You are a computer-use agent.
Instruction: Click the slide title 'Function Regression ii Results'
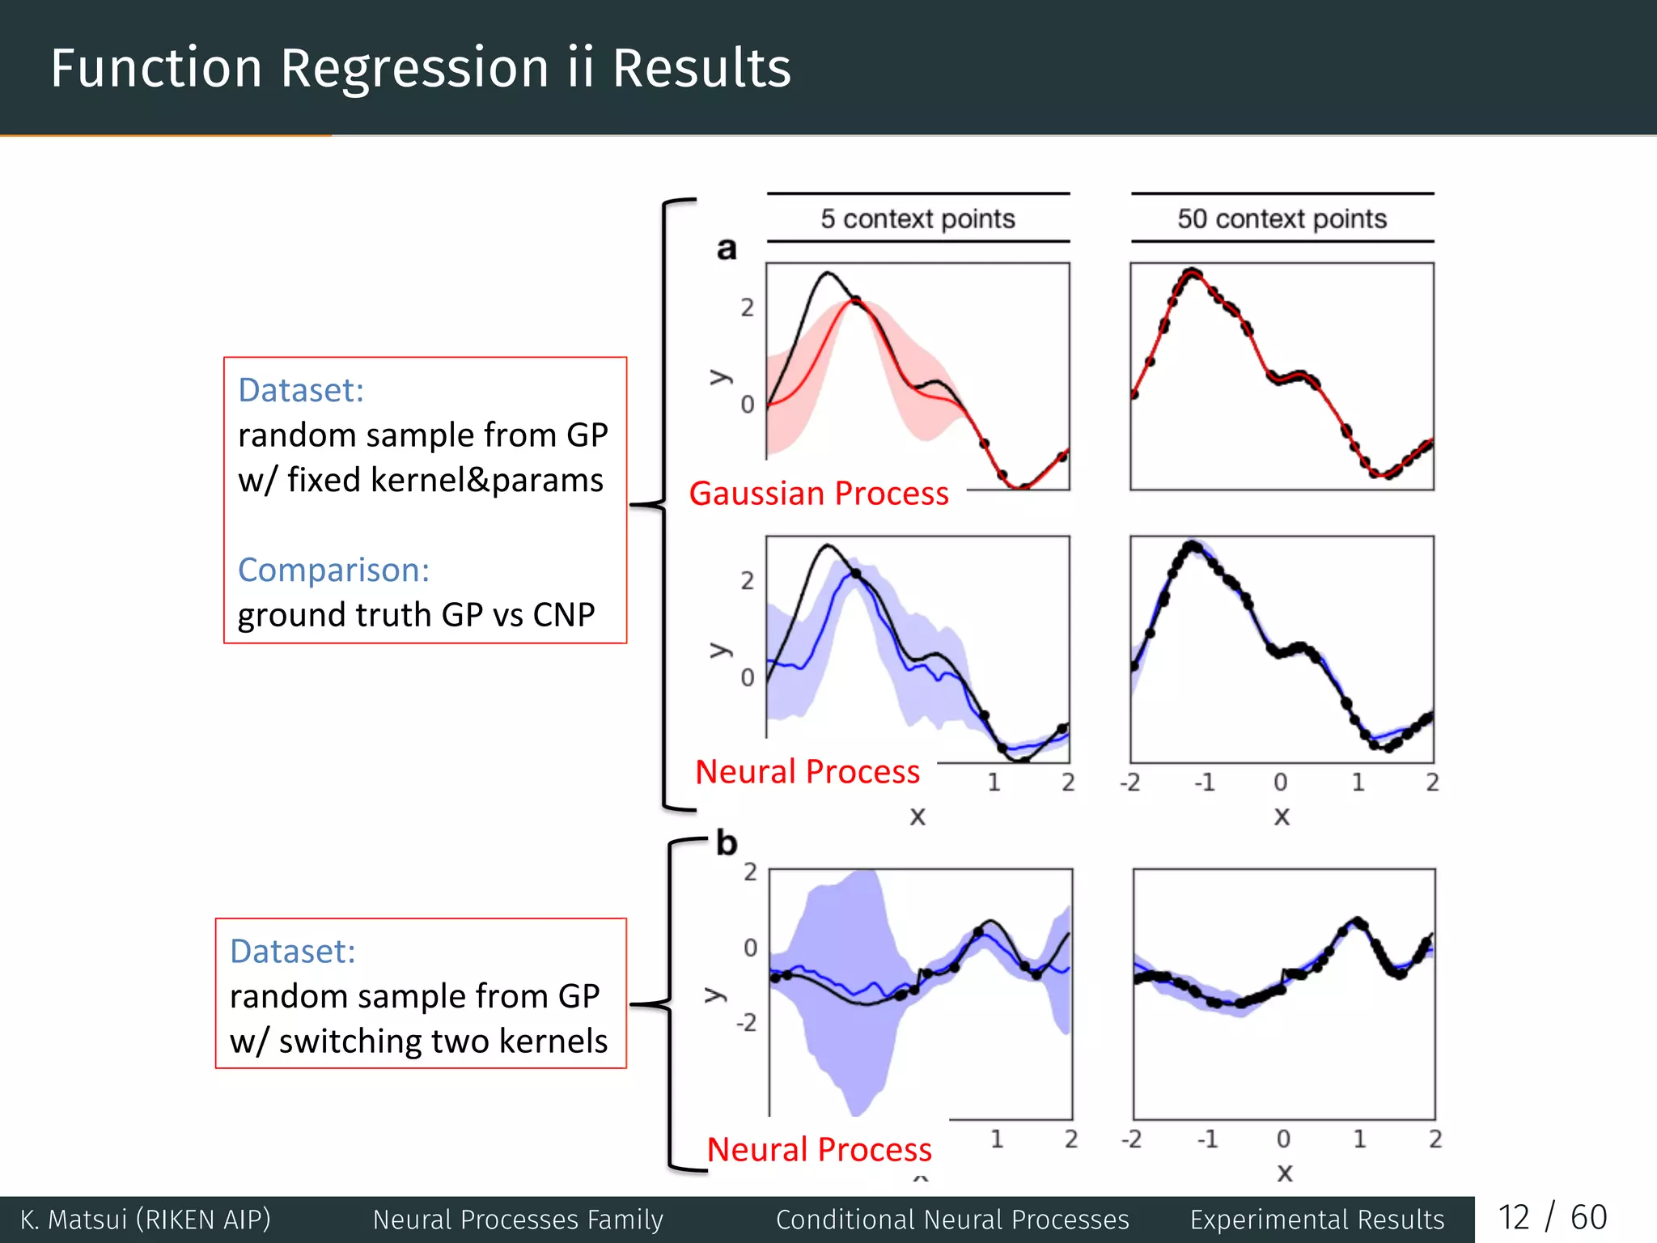point(420,68)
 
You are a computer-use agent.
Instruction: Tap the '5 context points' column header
point(917,218)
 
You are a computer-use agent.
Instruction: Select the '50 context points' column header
point(1282,218)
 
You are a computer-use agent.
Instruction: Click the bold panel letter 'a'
point(727,248)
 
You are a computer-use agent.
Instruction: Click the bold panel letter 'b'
point(727,844)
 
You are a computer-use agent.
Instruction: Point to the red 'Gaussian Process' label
point(818,494)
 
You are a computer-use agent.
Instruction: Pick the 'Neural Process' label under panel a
point(807,771)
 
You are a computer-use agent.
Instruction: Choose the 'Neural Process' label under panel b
point(819,1149)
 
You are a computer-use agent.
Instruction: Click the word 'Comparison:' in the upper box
point(333,570)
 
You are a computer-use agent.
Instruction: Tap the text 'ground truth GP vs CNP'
point(416,615)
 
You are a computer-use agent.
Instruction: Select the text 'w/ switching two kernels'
point(418,1041)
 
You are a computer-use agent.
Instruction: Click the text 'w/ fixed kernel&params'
point(420,480)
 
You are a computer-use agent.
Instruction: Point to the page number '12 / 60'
point(1552,1218)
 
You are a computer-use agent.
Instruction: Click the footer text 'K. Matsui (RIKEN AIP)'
point(146,1220)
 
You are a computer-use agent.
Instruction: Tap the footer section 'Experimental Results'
point(1316,1220)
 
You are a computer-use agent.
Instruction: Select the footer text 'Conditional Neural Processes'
point(952,1220)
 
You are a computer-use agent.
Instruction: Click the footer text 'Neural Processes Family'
point(518,1220)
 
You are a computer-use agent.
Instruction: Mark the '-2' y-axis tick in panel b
point(746,1024)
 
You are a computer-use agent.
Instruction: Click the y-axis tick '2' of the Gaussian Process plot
point(747,308)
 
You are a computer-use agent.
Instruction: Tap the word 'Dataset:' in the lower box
point(293,952)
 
